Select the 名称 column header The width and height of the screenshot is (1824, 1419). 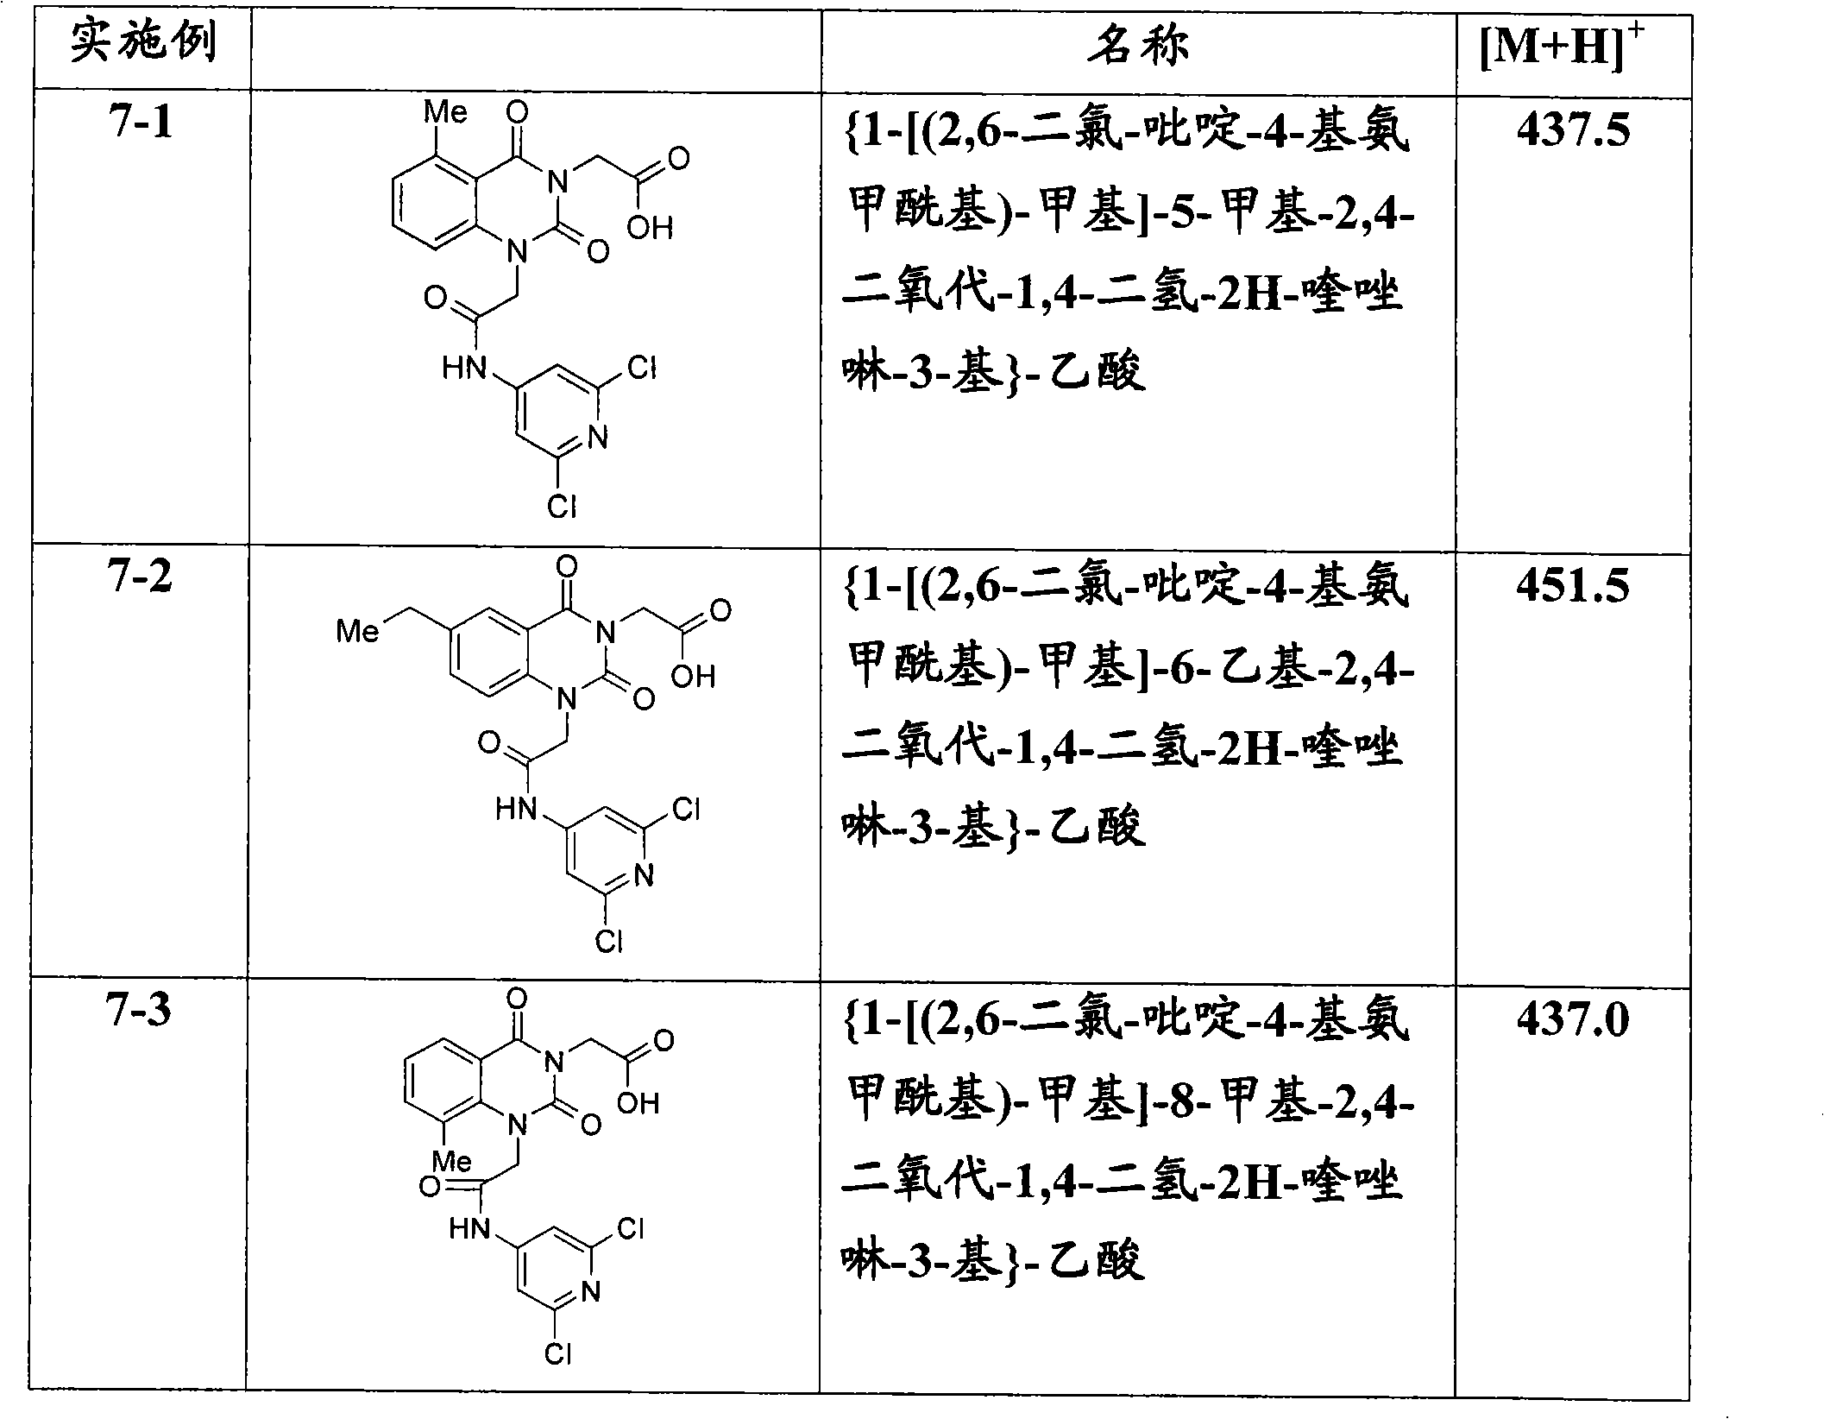[1138, 44]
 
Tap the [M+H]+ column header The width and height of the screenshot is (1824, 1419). [1562, 47]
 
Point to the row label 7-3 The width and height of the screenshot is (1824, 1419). [141, 1010]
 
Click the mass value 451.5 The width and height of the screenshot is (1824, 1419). [1573, 585]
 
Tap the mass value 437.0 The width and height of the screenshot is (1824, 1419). [1573, 1019]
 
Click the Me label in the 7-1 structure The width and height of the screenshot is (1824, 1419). [446, 112]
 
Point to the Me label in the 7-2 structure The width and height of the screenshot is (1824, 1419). [357, 632]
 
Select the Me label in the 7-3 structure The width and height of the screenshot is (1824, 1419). [451, 1161]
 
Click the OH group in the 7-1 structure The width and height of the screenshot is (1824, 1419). [650, 228]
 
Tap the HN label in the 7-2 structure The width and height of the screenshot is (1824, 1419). [517, 810]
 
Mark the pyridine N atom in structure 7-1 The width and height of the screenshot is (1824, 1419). [598, 438]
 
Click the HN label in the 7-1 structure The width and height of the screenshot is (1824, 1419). [464, 369]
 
